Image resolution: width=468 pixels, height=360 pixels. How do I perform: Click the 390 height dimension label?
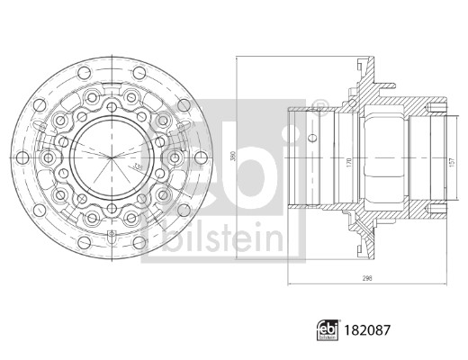point(232,156)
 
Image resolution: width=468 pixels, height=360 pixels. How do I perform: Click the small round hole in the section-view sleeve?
point(311,138)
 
